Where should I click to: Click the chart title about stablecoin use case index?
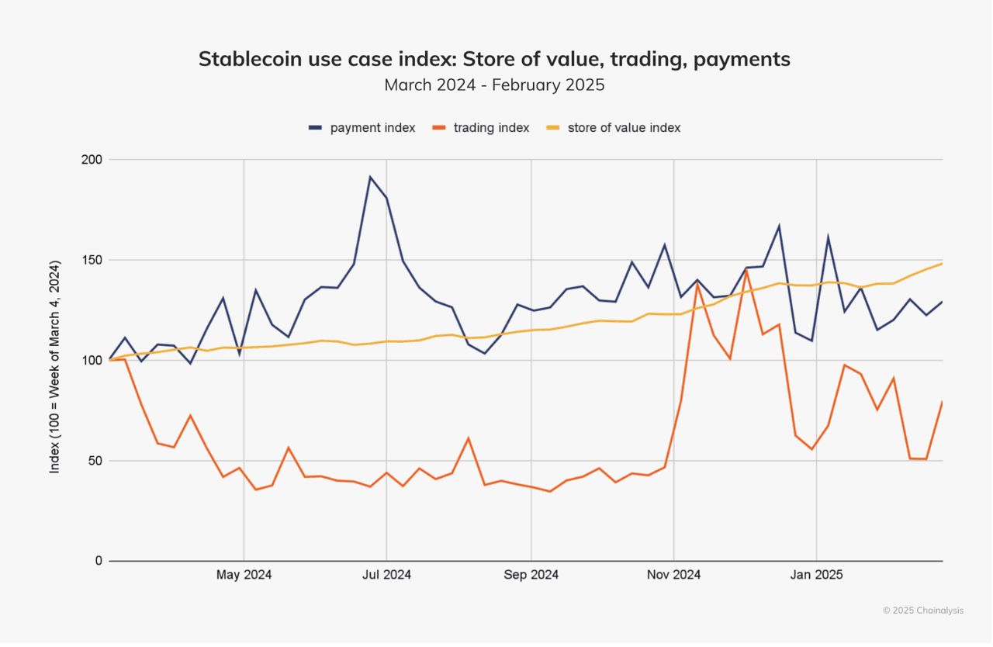pos(494,59)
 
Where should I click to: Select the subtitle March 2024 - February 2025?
pos(494,85)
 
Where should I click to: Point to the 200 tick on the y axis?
pos(93,160)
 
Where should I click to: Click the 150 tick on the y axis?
pos(93,260)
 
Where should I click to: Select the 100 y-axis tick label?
pos(93,360)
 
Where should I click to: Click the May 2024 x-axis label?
pos(244,575)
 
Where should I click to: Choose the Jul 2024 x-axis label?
pos(386,575)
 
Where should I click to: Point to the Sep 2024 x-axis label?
pos(531,575)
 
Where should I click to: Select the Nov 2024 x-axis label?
pos(673,575)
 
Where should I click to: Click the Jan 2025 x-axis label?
pos(816,575)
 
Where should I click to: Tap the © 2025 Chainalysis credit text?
pos(923,611)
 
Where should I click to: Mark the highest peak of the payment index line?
pos(370,177)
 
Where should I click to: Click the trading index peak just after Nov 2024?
pos(697,284)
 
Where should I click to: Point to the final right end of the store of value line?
pos(942,264)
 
